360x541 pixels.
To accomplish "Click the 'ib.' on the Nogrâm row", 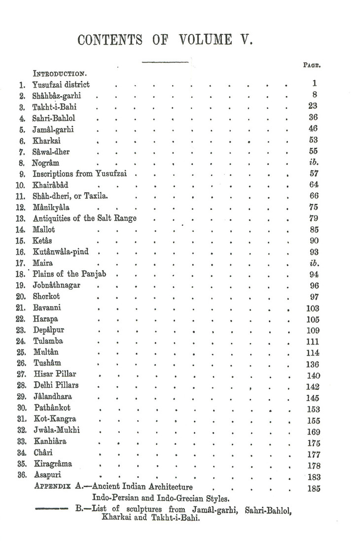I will click(314, 163).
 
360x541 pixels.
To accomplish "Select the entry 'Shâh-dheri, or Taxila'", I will click(71, 196).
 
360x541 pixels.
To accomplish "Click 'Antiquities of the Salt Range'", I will click(84, 219).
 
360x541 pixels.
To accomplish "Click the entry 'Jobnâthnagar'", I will click(57, 286).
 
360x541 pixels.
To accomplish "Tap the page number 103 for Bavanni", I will click(313, 308).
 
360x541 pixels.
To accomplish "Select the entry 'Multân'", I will click(46, 353).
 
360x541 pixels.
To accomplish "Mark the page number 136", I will click(313, 365).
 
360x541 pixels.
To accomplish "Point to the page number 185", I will click(313, 489).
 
